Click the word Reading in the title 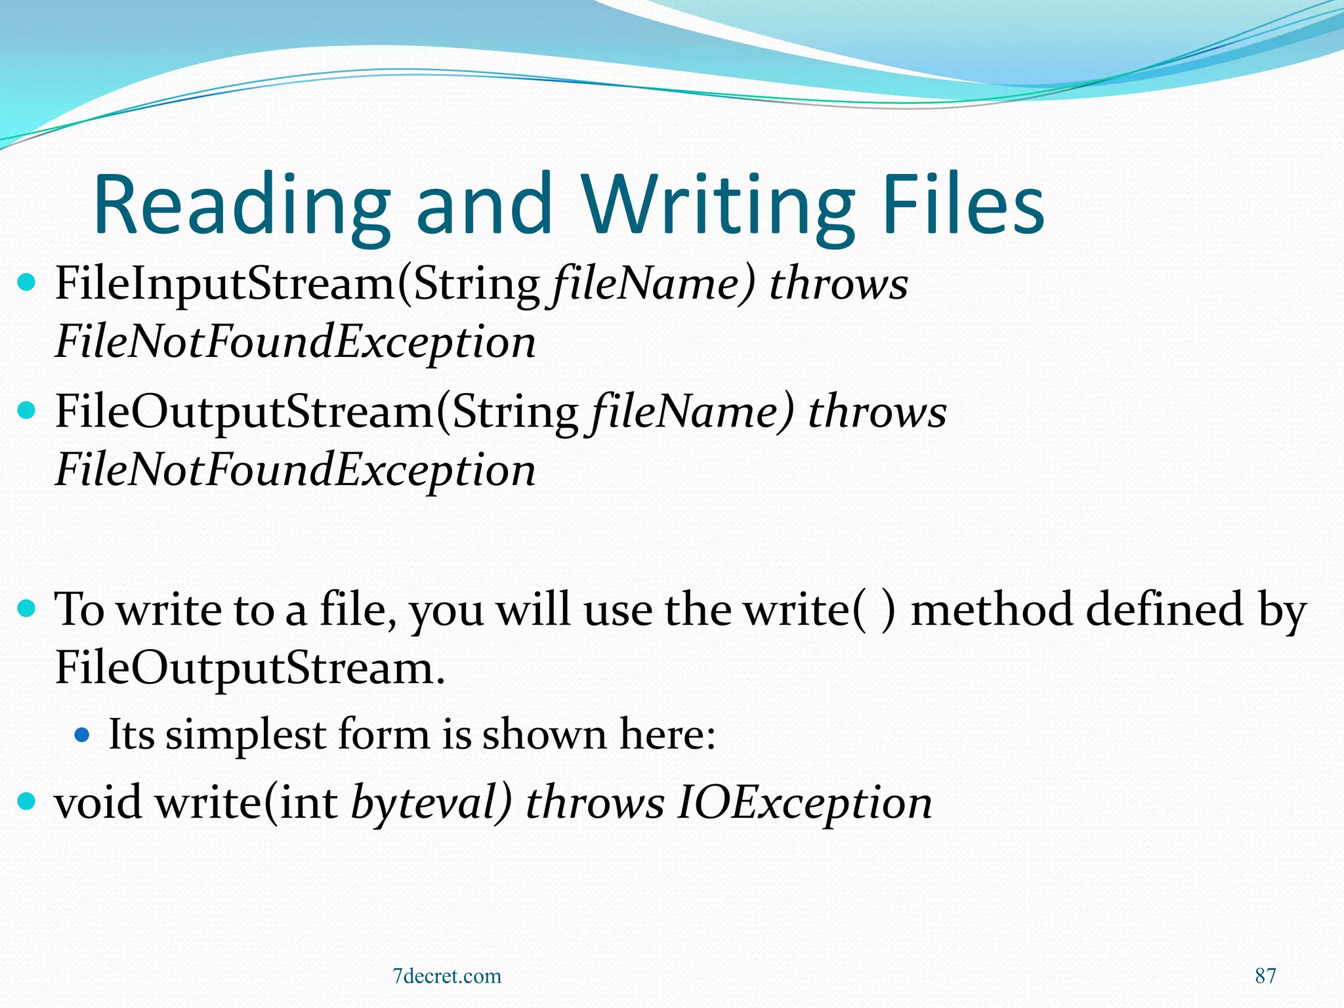pyautogui.click(x=241, y=205)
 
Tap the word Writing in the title pyautogui.click(x=717, y=205)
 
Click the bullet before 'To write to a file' pyautogui.click(x=26, y=608)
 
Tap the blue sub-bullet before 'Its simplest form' pyautogui.click(x=82, y=734)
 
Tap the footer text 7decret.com pyautogui.click(x=447, y=976)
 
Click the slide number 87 pyautogui.click(x=1265, y=976)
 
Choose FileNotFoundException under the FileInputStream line pyautogui.click(x=295, y=342)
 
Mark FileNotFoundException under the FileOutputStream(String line pyautogui.click(x=295, y=470)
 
